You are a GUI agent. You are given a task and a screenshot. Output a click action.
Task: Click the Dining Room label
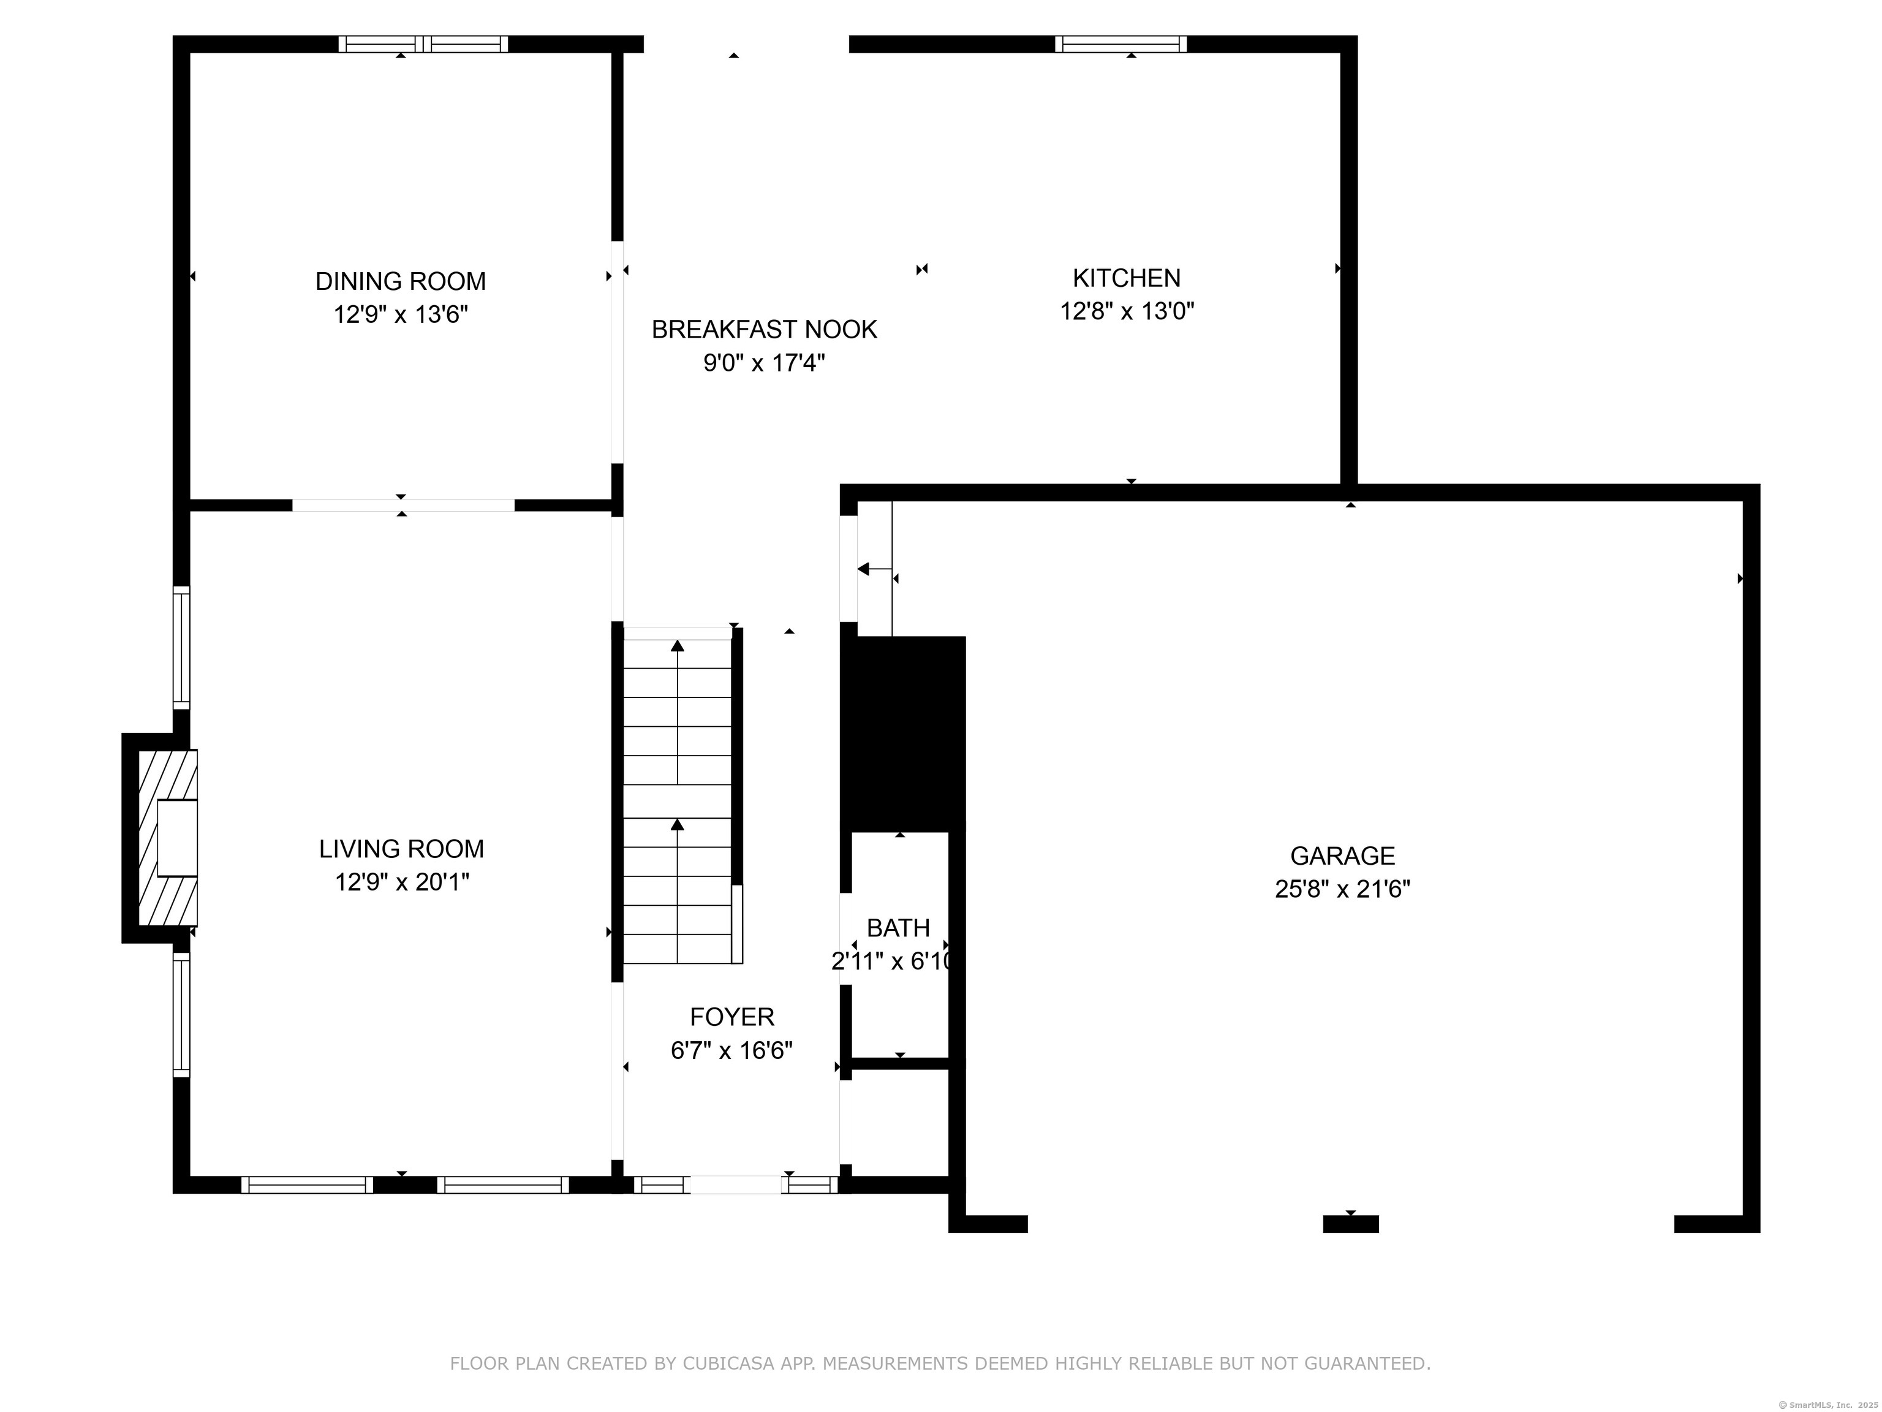401,281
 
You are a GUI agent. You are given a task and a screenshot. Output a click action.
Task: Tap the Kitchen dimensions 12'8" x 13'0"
1127,311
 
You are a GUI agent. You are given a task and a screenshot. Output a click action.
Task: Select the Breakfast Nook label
764,329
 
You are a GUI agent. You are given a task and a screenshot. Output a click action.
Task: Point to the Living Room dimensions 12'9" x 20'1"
402,882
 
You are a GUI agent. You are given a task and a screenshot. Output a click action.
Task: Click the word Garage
1343,856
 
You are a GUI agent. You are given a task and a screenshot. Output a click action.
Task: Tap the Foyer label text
731,1017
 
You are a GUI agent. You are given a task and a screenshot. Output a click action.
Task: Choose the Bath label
899,928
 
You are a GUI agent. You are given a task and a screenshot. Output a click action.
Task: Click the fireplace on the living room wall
162,838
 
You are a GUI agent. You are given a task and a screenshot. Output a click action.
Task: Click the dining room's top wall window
423,44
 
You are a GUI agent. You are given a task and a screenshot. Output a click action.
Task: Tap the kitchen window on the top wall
1121,44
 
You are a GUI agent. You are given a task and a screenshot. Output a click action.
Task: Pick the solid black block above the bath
903,734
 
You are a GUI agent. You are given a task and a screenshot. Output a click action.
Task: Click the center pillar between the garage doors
1351,1224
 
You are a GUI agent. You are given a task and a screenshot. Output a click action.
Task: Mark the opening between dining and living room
403,506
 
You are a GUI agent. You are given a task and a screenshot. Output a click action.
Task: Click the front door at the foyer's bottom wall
735,1185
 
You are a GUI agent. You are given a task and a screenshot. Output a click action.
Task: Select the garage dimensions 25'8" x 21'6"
1343,889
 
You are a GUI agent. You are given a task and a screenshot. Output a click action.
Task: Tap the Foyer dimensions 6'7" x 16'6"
731,1050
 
